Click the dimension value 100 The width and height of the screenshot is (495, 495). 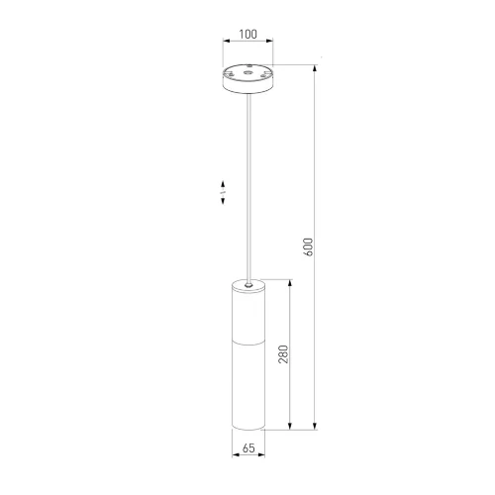(247, 34)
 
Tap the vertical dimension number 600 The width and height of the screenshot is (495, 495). (308, 247)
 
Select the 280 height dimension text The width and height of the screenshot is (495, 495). (283, 354)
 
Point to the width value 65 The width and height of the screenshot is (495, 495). (248, 447)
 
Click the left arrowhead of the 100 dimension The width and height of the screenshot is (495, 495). (227, 41)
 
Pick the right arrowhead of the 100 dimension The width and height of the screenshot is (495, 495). (270, 41)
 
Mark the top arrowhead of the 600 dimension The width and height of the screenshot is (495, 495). (315, 68)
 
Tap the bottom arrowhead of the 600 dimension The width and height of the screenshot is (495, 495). (315, 426)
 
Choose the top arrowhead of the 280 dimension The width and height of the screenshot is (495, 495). (290, 283)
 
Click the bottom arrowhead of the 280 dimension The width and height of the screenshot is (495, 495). (290, 426)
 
